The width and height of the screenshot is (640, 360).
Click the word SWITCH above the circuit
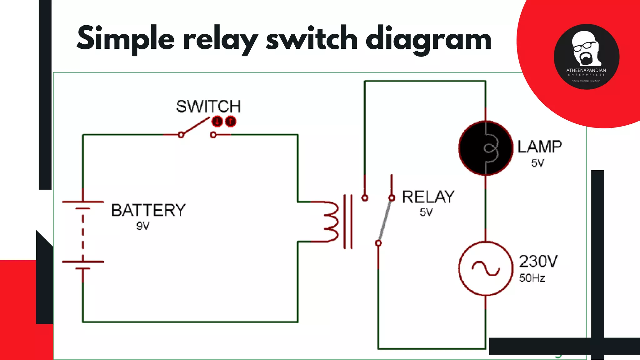click(208, 107)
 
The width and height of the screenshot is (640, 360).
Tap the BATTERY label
click(148, 210)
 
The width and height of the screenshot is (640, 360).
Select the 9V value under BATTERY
click(143, 226)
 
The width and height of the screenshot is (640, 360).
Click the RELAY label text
click(428, 197)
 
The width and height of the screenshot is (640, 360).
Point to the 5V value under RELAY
click(426, 212)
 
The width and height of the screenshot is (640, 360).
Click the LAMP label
click(540, 147)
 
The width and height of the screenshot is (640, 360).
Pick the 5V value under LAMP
click(537, 163)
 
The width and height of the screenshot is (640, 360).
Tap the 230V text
click(538, 261)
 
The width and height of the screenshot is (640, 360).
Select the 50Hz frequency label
click(532, 278)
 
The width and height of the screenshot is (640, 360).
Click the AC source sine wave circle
click(485, 268)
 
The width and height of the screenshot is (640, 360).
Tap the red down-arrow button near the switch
click(217, 121)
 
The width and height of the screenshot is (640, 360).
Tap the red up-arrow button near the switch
click(231, 121)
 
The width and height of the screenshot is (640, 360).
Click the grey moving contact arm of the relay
click(385, 220)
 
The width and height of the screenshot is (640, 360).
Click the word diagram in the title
click(428, 39)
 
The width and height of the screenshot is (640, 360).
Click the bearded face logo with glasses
click(584, 48)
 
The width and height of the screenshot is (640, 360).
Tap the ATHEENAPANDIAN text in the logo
click(586, 70)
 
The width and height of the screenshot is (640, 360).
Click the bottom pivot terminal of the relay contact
click(378, 243)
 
